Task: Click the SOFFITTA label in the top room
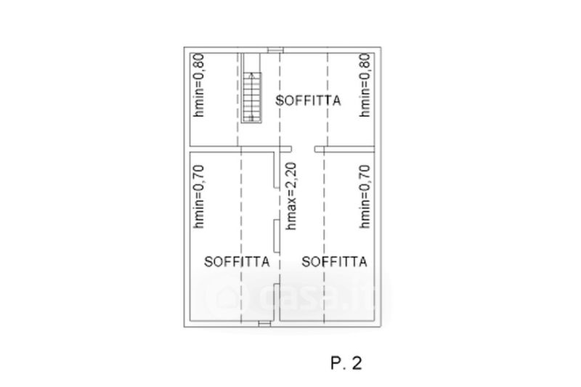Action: click(309, 102)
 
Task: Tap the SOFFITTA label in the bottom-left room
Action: click(237, 261)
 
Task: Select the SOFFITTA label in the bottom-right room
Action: click(334, 261)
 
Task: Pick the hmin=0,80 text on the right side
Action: click(367, 85)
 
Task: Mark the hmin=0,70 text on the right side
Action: click(367, 197)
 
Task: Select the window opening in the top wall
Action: click(275, 49)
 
